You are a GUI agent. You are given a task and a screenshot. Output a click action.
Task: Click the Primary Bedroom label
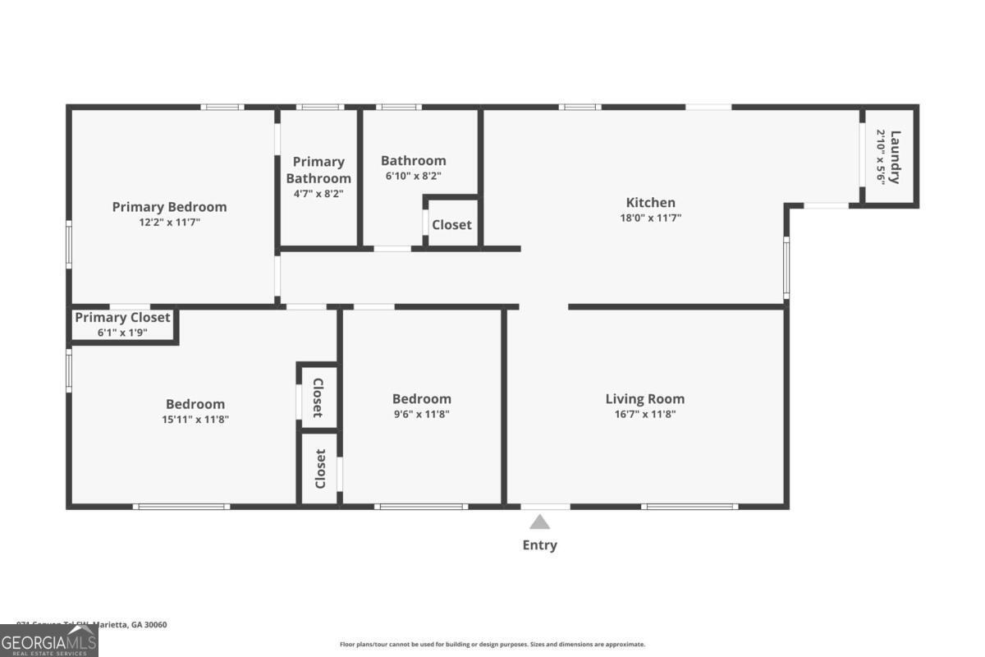click(169, 207)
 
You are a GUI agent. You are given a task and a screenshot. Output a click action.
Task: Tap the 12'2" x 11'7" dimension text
click(169, 223)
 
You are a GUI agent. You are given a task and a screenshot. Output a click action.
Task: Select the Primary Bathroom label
click(318, 170)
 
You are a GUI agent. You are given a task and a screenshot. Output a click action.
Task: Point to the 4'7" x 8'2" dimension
click(318, 194)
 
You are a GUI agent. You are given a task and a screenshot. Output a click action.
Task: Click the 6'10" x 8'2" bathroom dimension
click(413, 176)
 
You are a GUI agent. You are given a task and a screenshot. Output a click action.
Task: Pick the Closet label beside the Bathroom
click(451, 224)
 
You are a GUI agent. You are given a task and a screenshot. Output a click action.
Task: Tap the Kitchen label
click(650, 203)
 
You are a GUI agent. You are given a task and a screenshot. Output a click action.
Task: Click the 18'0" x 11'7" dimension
click(650, 218)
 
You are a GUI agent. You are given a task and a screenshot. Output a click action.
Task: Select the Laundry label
click(896, 157)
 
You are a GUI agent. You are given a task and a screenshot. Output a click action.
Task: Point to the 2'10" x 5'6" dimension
click(881, 157)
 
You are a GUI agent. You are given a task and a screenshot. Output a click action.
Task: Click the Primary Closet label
click(122, 318)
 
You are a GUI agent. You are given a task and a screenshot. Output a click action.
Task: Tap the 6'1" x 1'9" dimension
click(122, 333)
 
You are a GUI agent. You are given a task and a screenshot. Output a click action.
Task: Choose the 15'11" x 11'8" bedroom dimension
click(195, 420)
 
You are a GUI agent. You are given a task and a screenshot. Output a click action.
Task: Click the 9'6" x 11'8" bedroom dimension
click(421, 414)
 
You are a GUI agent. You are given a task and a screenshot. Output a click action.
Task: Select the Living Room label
click(644, 399)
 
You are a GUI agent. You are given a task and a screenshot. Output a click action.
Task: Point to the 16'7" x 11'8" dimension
click(644, 414)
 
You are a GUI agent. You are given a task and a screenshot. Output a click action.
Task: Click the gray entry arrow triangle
click(539, 522)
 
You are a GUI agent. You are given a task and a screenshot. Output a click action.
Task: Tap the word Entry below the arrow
click(539, 545)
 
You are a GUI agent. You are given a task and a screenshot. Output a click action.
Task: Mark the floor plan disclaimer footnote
click(492, 645)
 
